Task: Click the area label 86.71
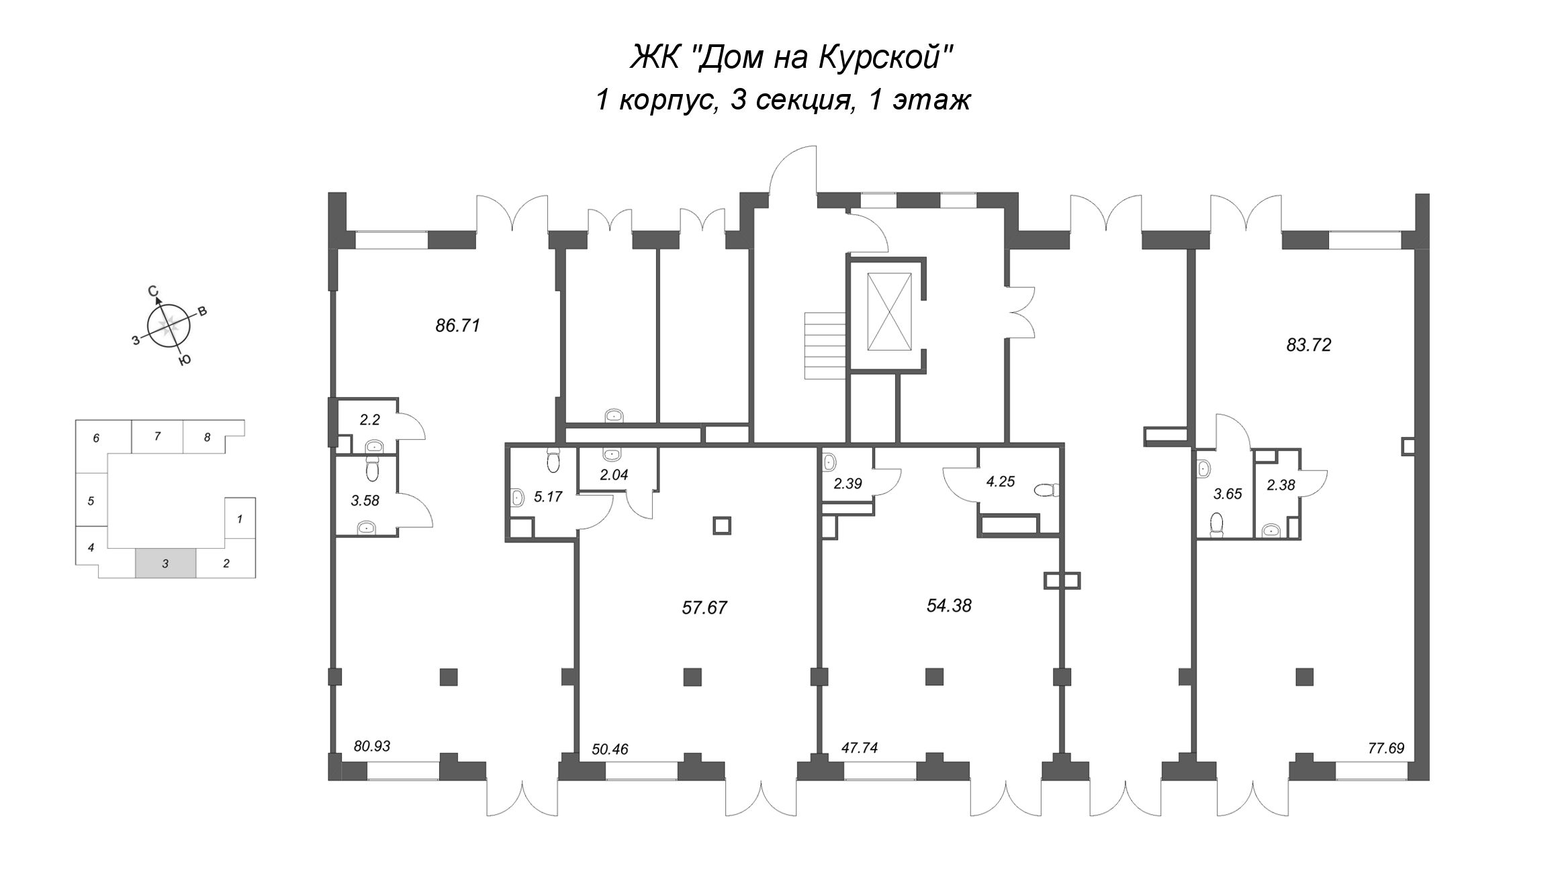tap(458, 326)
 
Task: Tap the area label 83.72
tap(1308, 345)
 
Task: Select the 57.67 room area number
tap(704, 608)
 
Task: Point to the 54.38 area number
tap(949, 606)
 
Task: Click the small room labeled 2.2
tap(370, 420)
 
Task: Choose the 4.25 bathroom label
tap(1001, 481)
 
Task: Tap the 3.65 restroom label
tap(1228, 494)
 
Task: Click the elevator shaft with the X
tap(889, 312)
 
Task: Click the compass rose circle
tap(169, 328)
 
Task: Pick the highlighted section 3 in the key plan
tap(166, 564)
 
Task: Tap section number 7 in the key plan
tap(157, 436)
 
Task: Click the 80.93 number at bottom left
tap(372, 746)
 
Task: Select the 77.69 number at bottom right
tap(1386, 748)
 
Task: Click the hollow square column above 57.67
tap(721, 525)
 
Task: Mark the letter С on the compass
tap(153, 292)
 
